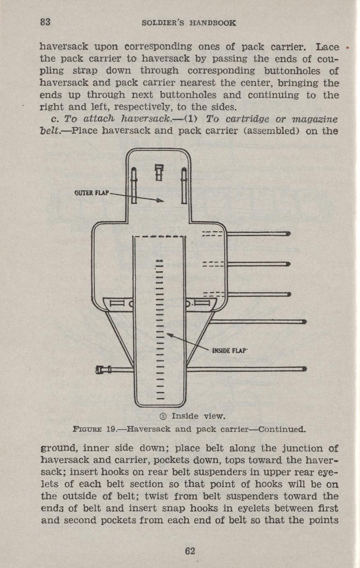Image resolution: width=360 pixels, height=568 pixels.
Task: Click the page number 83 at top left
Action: tap(45, 22)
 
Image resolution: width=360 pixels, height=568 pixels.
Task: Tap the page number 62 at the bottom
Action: tap(190, 551)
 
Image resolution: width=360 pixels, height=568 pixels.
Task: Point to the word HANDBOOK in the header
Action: tap(213, 23)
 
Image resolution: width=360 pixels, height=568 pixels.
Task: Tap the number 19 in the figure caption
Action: tap(110, 429)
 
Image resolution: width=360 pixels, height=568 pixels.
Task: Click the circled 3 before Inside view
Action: tap(163, 416)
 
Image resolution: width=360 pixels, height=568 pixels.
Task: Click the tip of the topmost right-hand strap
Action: tap(289, 234)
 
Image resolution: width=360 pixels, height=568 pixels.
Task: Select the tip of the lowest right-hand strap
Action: tap(305, 369)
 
